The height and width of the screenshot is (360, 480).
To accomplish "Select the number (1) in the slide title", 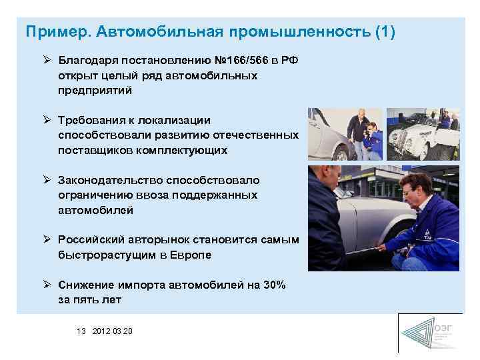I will [385, 32].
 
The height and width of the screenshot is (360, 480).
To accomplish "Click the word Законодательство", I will [109, 181].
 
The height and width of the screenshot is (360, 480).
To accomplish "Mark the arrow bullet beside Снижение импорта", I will [47, 285].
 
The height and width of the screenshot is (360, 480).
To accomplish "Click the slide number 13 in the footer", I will [82, 331].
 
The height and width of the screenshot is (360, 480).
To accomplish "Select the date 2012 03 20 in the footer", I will [113, 331].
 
